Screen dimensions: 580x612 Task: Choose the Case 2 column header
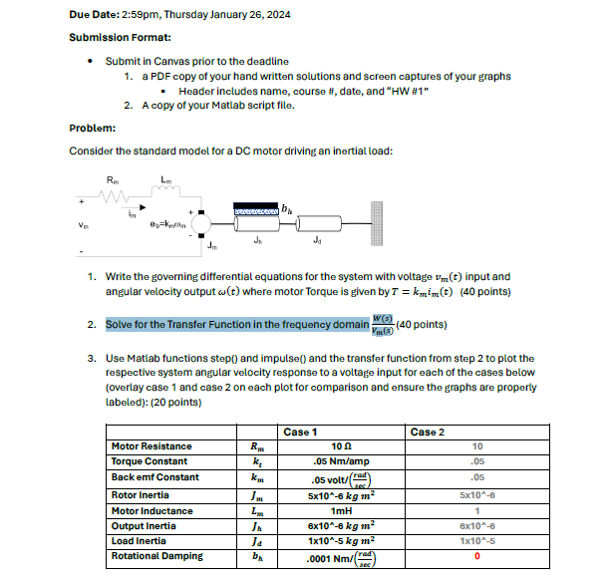tap(427, 432)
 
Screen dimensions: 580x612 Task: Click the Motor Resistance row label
tap(153, 446)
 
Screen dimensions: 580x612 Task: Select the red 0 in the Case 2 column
tap(477, 557)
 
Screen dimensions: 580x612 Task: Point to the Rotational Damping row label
tap(157, 556)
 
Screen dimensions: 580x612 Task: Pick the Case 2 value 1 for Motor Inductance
tap(477, 509)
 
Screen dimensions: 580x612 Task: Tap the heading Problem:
tap(93, 128)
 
